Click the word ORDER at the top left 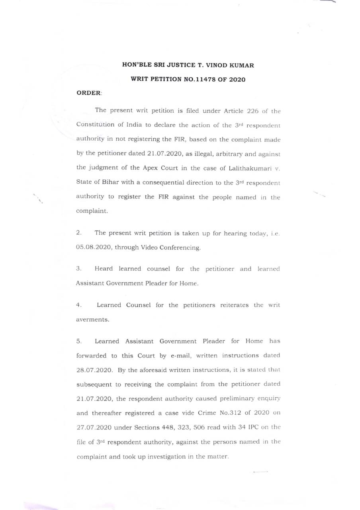(x=88, y=93)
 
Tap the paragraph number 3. (x=78, y=269)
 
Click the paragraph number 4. (x=78, y=305)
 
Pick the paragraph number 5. (x=78, y=341)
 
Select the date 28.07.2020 (x=94, y=370)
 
